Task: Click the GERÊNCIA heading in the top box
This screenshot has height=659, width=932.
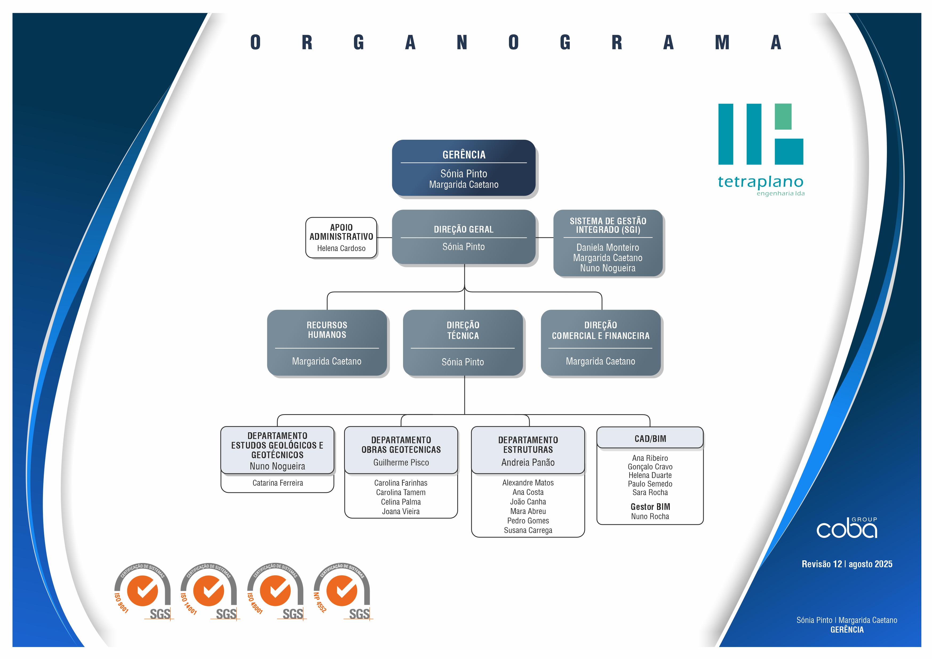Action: (464, 155)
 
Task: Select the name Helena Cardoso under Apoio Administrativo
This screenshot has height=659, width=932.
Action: (341, 248)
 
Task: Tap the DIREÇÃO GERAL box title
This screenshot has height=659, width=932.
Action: (464, 229)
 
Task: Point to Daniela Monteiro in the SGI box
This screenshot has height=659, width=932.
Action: (607, 247)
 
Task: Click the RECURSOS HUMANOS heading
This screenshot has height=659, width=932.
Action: (327, 330)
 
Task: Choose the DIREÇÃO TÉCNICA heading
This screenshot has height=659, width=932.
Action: (463, 330)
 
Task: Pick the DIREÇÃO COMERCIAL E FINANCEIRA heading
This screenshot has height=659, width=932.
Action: (600, 330)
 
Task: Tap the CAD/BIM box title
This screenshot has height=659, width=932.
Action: (650, 439)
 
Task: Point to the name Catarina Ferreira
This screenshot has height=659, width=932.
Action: (278, 483)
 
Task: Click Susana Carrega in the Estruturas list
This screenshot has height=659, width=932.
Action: (528, 530)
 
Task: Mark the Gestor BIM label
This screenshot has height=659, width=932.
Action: (650, 507)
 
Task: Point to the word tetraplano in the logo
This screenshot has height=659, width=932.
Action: (760, 182)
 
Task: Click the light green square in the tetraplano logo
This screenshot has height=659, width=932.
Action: (783, 117)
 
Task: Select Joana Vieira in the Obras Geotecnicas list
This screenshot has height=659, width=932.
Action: (401, 512)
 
